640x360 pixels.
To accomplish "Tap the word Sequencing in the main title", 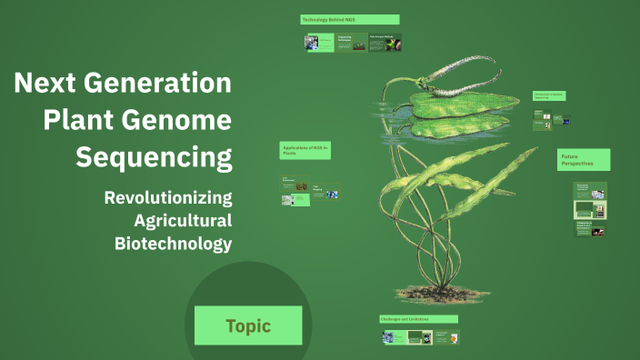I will click(154, 157).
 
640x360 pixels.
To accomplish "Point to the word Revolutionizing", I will click(168, 197).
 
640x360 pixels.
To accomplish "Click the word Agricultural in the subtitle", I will click(183, 220).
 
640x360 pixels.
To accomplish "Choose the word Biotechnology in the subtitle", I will click(173, 243).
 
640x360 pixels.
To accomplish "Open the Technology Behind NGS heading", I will click(350, 19).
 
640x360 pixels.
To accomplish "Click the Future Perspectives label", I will click(583, 160).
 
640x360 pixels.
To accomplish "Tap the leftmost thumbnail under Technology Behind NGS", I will click(317, 43).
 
